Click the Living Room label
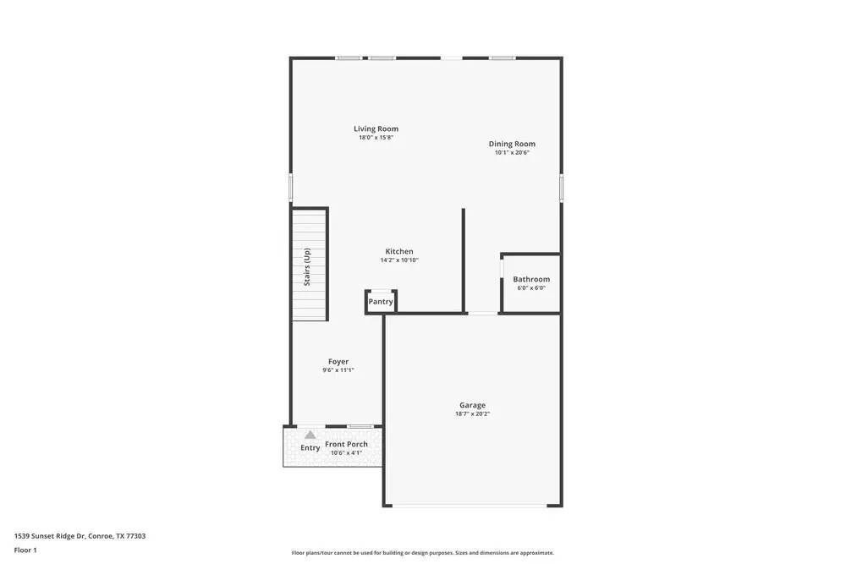coord(376,129)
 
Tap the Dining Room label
coord(512,144)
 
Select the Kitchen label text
coord(399,251)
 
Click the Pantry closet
coord(381,302)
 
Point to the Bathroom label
coord(531,279)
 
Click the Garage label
coord(472,405)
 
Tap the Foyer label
coord(338,361)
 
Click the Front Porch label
coord(346,444)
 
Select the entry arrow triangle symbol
coord(310,435)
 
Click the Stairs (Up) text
coord(307,266)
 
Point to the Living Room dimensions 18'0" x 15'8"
coord(376,138)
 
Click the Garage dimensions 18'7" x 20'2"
coord(472,414)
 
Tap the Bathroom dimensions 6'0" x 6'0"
coord(531,288)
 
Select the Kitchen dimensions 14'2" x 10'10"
coord(399,260)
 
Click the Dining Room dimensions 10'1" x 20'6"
coord(512,153)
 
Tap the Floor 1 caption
coord(25,550)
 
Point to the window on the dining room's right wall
coord(561,187)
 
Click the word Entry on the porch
coord(310,448)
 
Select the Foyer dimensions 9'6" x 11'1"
coord(338,370)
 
